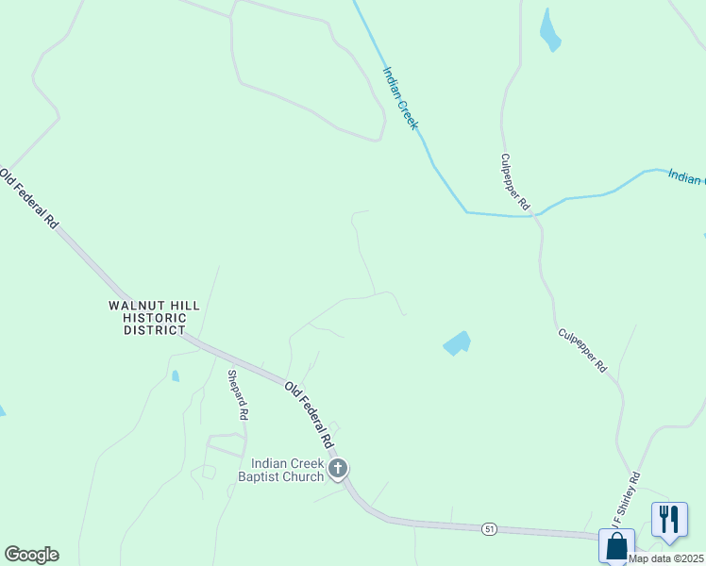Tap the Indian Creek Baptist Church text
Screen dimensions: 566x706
click(x=287, y=470)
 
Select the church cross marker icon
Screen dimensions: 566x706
click(x=338, y=468)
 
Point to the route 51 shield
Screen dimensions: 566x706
click(x=488, y=528)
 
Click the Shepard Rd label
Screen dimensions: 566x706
click(x=238, y=394)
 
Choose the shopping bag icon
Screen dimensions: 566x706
click(x=616, y=546)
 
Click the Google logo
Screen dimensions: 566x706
click(x=31, y=555)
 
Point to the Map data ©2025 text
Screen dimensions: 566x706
click(x=666, y=558)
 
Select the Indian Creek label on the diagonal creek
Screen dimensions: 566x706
click(x=400, y=97)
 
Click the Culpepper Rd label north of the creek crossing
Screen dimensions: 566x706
click(x=515, y=182)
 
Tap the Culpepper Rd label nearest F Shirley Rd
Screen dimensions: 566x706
click(x=582, y=350)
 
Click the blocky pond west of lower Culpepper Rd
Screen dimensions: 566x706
click(x=457, y=342)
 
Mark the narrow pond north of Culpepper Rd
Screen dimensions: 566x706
click(x=549, y=32)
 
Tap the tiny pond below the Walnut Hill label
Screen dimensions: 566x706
click(x=176, y=375)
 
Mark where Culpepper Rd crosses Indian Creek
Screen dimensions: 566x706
click(x=535, y=214)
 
